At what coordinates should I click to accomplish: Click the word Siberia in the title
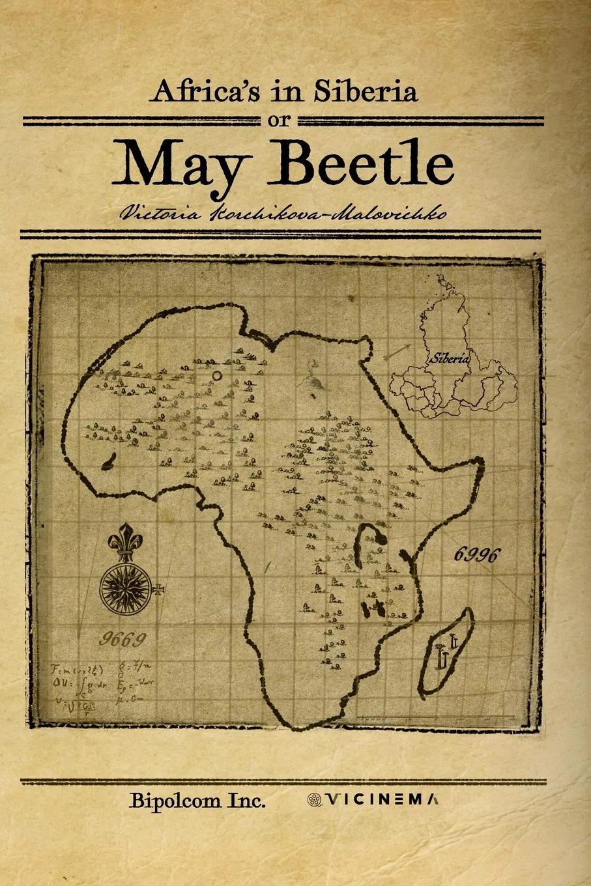tap(365, 92)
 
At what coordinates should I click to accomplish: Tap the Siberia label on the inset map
tap(448, 358)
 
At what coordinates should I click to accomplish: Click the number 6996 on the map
tap(478, 554)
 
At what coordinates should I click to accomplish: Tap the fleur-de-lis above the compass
tap(125, 540)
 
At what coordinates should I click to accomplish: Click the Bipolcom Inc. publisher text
tap(197, 801)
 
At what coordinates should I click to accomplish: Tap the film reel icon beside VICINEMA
tap(314, 800)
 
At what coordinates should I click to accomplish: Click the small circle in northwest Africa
tap(217, 375)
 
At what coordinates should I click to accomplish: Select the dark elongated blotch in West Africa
tap(109, 462)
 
